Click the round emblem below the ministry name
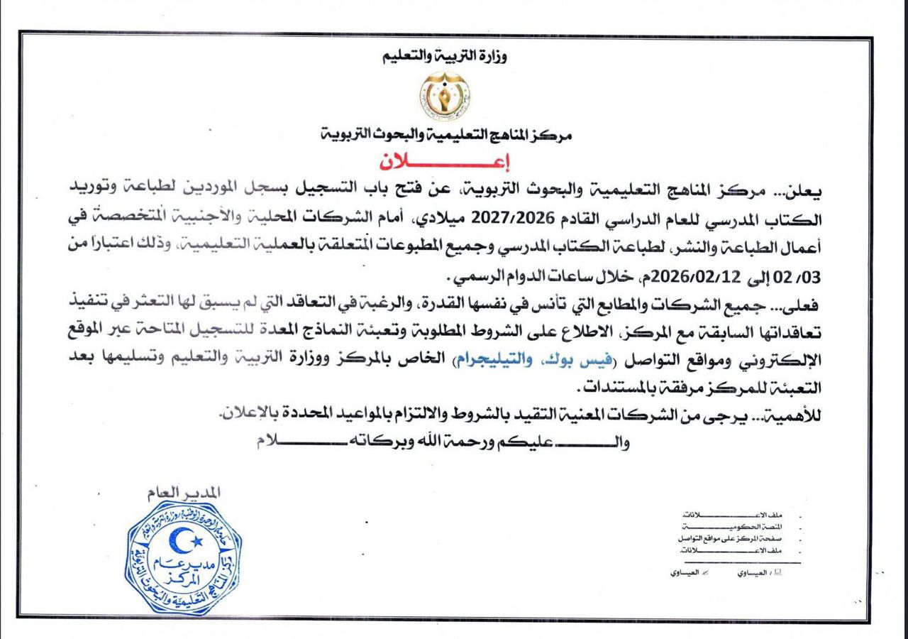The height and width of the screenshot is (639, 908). pos(443,96)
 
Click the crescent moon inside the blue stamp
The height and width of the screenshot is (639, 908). pos(180,542)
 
